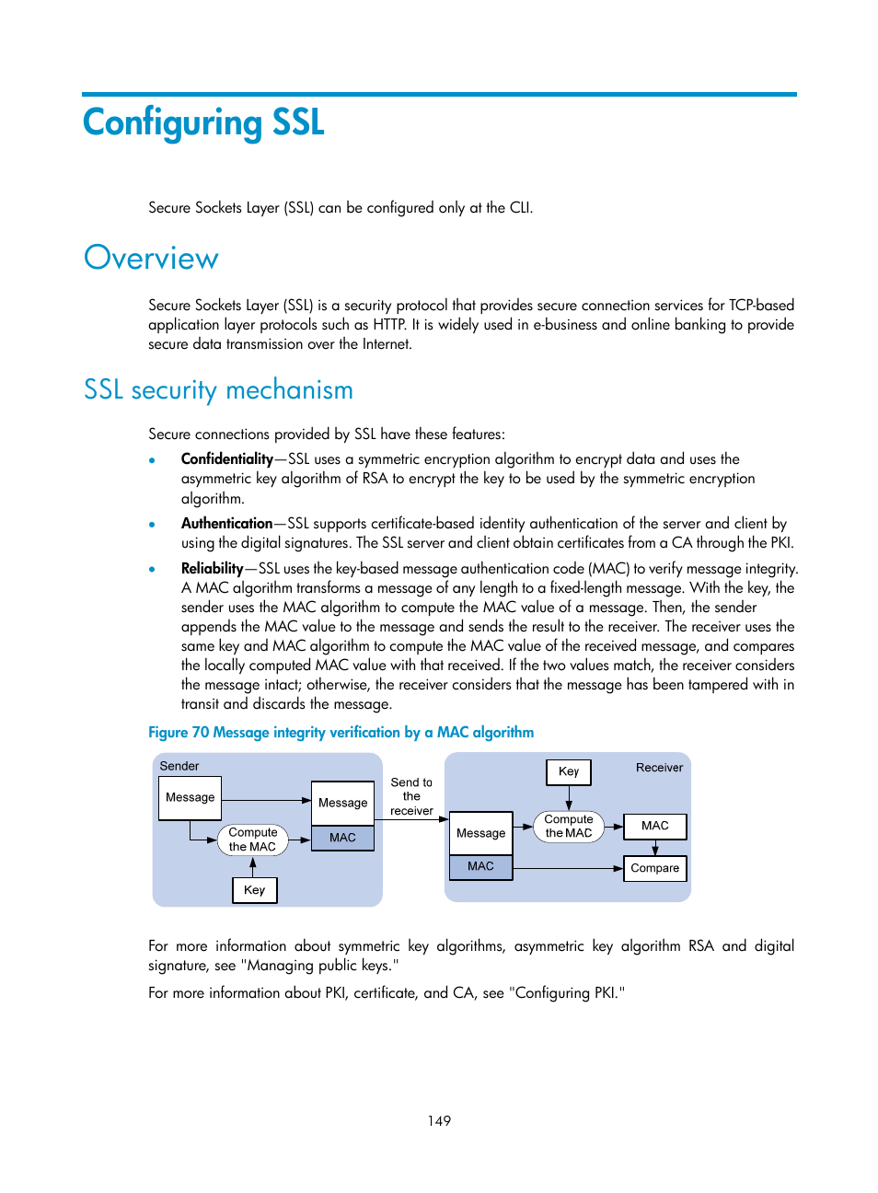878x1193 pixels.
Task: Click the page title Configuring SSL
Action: pos(203,123)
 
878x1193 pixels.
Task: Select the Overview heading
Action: pos(151,259)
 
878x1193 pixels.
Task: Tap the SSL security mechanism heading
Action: pos(218,390)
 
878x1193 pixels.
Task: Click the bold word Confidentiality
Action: pos(226,459)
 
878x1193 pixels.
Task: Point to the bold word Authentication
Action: pos(226,524)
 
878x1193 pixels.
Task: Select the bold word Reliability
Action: pos(212,569)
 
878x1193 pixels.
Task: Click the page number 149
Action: pos(439,1121)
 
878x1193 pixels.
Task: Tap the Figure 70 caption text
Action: pos(341,733)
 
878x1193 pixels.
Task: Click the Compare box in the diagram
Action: pos(654,868)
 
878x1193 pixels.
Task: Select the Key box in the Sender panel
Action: pos(254,890)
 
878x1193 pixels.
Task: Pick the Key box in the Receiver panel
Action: pos(569,771)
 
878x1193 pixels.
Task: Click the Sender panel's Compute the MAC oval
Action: pos(252,840)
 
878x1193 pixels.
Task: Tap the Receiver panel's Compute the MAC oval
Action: pos(569,827)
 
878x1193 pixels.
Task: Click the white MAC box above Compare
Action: pos(654,826)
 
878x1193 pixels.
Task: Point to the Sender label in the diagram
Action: pos(179,766)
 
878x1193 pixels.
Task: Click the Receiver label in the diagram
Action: pos(659,768)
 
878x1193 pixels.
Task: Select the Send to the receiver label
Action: pos(411,796)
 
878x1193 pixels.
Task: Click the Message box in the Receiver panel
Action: pos(480,833)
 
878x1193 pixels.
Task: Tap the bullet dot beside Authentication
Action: pos(152,525)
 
